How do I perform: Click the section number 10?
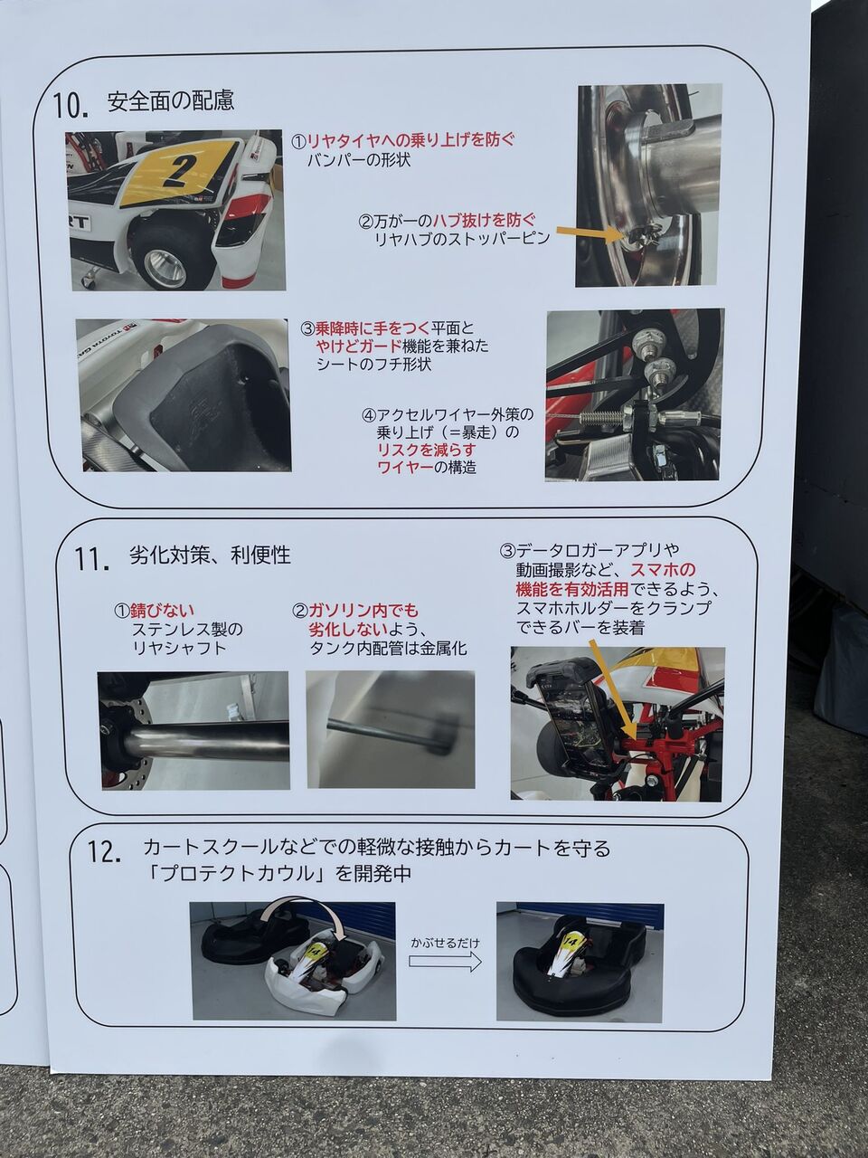[71, 106]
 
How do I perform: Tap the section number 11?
[92, 560]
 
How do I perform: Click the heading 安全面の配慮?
[171, 100]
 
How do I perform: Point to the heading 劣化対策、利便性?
[210, 555]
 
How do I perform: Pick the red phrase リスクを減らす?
[427, 450]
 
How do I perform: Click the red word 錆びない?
[163, 611]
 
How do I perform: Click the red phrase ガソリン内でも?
[363, 611]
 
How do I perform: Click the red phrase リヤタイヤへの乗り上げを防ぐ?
[410, 140]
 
